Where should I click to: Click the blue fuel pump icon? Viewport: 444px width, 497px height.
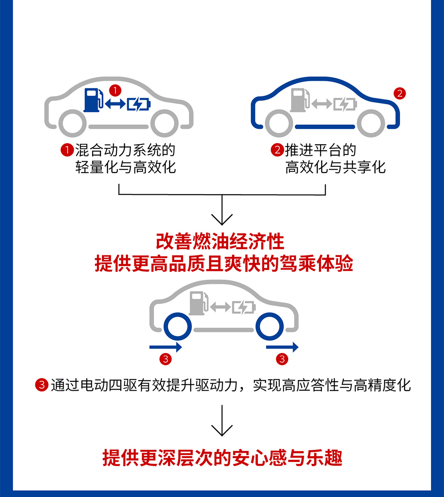click(x=92, y=100)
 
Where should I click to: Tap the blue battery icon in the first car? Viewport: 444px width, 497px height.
click(x=139, y=104)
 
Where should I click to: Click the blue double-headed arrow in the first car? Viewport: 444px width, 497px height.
click(x=115, y=104)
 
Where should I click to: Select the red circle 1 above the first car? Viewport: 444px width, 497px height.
click(x=115, y=90)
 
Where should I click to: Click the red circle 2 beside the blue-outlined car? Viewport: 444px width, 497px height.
click(x=400, y=93)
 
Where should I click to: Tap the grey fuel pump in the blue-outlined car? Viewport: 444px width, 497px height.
click(x=299, y=100)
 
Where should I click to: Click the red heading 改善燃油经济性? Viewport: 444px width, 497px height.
click(x=220, y=242)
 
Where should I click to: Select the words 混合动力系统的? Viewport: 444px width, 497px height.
click(x=125, y=150)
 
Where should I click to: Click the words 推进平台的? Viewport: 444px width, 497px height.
click(x=320, y=150)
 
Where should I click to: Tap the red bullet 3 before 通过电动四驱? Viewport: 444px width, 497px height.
click(x=42, y=385)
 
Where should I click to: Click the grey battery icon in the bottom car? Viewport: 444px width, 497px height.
click(x=243, y=307)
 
